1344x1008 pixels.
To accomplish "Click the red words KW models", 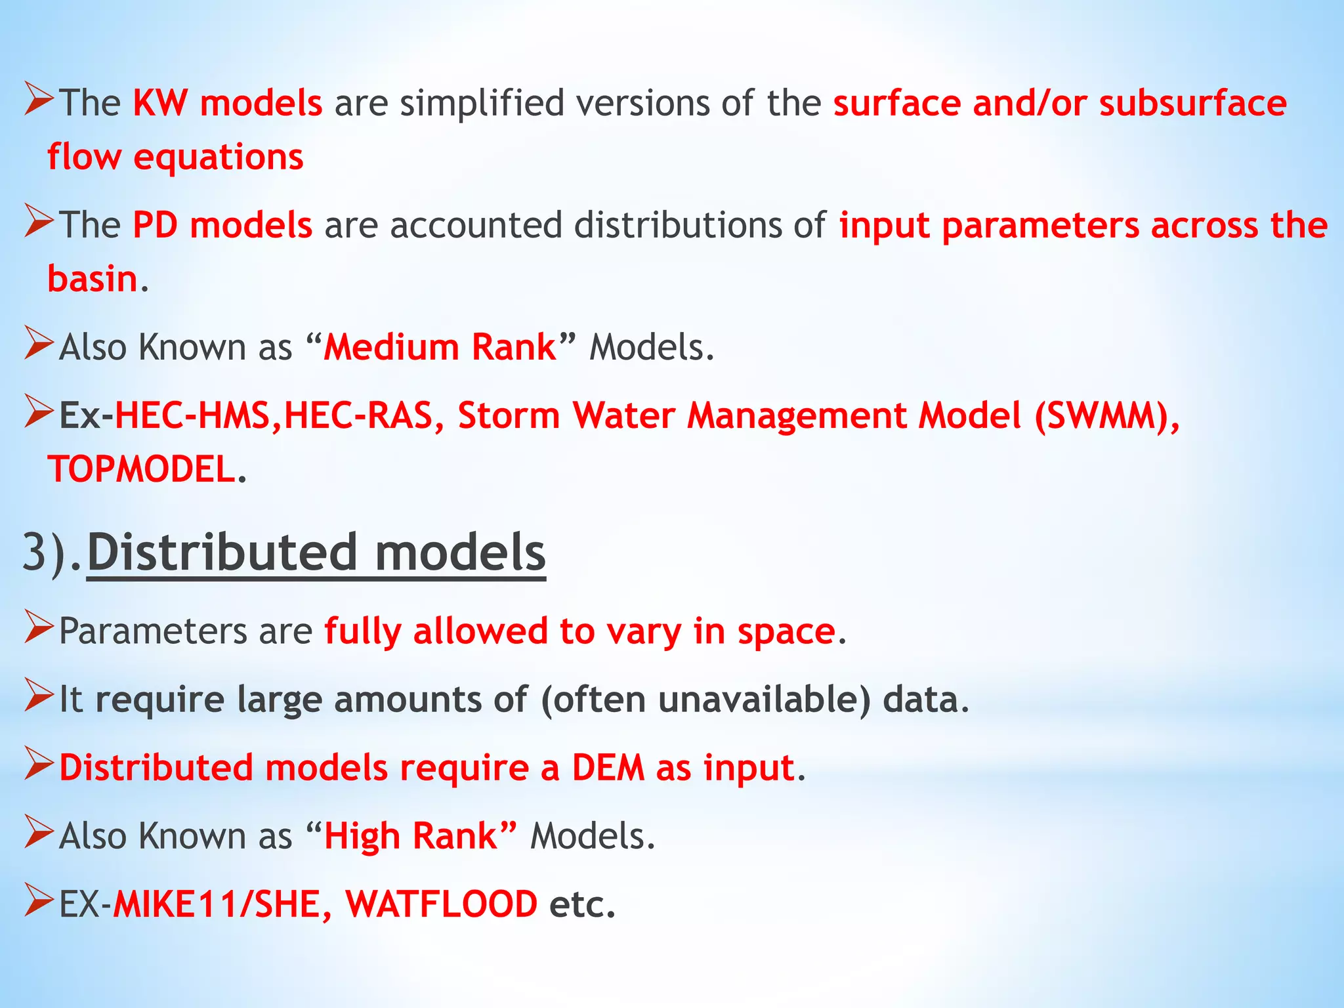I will coord(227,104).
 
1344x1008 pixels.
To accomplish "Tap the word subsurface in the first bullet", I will coord(1192,104).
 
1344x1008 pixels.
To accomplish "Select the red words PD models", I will coord(222,225).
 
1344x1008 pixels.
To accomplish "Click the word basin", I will coord(93,279).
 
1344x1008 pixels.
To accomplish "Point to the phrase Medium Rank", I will coord(440,347).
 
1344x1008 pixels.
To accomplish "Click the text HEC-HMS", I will coord(192,416).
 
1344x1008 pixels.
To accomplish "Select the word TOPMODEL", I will coord(142,470).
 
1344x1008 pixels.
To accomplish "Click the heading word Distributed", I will coord(222,553).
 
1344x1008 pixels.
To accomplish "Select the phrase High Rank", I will coord(411,836).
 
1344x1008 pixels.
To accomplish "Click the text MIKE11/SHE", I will coord(217,904).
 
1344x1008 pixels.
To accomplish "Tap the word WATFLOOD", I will coord(441,904).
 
